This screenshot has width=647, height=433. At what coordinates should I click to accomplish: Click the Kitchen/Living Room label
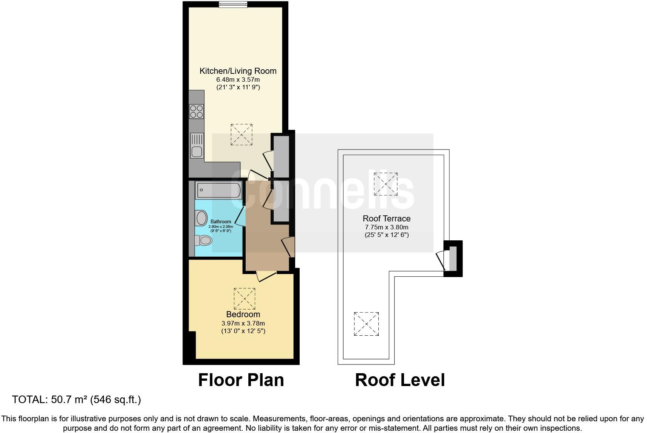(238, 71)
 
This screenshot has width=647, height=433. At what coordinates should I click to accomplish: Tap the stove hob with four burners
(197, 111)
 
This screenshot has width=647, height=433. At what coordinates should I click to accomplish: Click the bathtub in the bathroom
(218, 190)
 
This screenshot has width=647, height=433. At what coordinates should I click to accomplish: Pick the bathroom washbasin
(201, 218)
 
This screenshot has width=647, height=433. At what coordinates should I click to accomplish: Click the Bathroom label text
(221, 222)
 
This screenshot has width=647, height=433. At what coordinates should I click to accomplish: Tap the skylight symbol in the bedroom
(245, 299)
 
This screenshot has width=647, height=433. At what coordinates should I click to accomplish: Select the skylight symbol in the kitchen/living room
(241, 134)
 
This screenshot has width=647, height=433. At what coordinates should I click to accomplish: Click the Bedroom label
(243, 314)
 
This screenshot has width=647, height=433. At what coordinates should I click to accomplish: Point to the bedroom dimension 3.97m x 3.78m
(243, 323)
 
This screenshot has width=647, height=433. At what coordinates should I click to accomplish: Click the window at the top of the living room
(233, 5)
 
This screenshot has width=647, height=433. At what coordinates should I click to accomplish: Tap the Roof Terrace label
(386, 218)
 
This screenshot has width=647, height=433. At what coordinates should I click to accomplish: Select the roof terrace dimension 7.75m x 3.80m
(386, 227)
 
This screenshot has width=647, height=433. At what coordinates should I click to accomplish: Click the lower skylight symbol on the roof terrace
(366, 324)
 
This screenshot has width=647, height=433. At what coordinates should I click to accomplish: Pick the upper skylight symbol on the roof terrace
(385, 184)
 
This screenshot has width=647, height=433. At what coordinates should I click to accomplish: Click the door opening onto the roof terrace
(440, 261)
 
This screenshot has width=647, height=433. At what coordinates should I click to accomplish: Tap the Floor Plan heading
(241, 380)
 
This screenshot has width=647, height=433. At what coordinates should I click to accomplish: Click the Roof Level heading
(400, 380)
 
